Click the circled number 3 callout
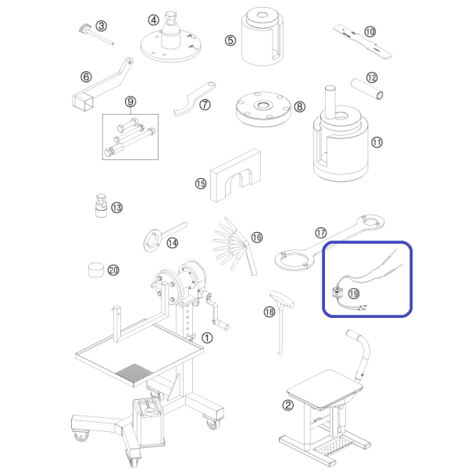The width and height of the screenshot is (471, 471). tap(102, 26)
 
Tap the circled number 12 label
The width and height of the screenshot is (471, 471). tap(372, 78)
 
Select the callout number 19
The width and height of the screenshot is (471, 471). tap(354, 293)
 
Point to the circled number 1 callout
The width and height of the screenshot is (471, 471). tap(207, 338)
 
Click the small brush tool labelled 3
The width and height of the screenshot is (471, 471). tap(96, 34)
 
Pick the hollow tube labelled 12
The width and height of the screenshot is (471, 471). tap(367, 89)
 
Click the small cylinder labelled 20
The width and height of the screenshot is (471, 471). tap(96, 269)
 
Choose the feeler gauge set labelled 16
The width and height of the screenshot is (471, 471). tap(236, 246)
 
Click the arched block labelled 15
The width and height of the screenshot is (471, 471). tap(235, 176)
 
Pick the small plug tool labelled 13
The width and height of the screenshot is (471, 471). tap(101, 205)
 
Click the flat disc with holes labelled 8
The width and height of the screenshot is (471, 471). tap(263, 109)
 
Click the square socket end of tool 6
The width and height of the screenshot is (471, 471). tap(82, 101)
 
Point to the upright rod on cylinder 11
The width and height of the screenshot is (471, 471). tap(330, 102)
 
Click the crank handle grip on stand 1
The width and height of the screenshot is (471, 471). tap(221, 325)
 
